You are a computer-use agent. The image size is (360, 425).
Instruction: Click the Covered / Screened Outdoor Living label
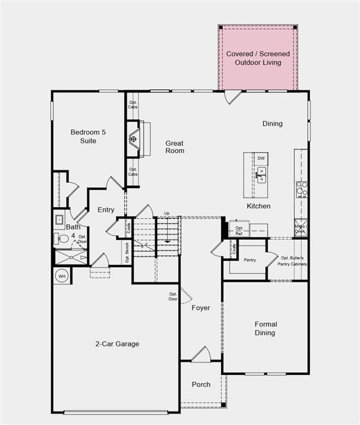(x=258, y=58)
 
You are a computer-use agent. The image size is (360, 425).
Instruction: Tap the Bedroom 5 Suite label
(x=84, y=136)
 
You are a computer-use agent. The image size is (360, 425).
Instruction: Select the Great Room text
(x=175, y=147)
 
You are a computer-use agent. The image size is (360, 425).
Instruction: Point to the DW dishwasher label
(x=261, y=159)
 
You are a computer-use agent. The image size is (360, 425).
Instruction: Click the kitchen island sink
(x=261, y=176)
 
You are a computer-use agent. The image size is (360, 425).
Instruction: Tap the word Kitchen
(x=258, y=206)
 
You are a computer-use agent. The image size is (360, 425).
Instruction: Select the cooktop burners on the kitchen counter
(x=301, y=189)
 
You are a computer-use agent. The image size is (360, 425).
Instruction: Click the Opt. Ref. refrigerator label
(x=239, y=230)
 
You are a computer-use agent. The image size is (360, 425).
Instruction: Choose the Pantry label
(x=250, y=260)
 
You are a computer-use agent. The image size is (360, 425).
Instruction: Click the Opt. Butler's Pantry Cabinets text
(x=293, y=261)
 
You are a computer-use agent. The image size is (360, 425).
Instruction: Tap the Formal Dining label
(x=265, y=328)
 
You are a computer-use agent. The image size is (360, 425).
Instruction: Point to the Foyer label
(x=201, y=308)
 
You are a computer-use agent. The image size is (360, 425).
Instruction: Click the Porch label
(x=201, y=384)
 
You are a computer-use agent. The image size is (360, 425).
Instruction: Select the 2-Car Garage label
(x=117, y=344)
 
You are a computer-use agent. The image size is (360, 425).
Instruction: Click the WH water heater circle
(x=62, y=275)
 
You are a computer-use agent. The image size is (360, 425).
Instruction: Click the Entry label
(x=106, y=210)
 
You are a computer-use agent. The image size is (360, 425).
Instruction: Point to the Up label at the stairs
(x=166, y=213)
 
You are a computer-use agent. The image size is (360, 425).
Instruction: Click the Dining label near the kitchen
(x=272, y=123)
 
